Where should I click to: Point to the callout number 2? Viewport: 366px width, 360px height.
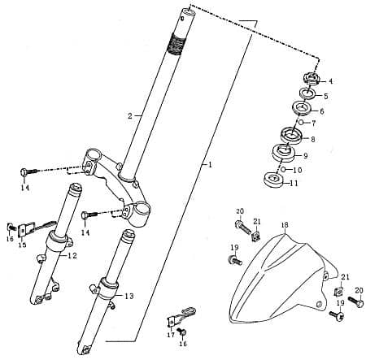click(129, 116)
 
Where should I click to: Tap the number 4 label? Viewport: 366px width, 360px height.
click(330, 81)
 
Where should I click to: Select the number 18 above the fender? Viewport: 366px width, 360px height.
click(285, 224)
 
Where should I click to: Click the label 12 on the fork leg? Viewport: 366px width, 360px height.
click(72, 256)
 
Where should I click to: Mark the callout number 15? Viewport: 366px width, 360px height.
click(22, 245)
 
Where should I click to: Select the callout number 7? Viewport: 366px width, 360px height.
click(314, 123)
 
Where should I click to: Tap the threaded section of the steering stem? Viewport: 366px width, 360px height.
click(177, 40)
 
